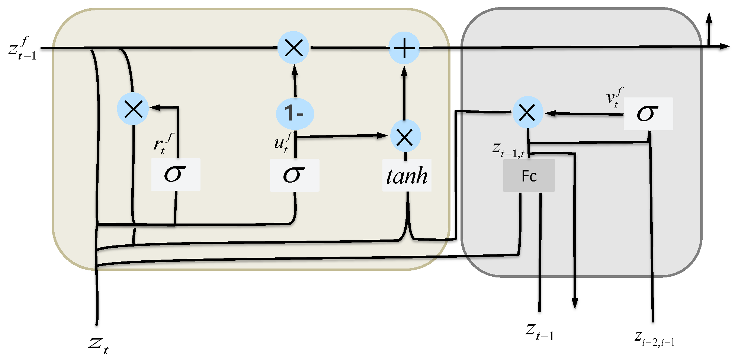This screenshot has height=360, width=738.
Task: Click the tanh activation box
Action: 407,176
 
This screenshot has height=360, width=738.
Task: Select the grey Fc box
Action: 529,176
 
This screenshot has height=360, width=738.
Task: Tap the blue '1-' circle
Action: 295,113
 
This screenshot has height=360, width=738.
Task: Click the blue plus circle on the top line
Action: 404,48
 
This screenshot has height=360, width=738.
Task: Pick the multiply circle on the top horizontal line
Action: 293,47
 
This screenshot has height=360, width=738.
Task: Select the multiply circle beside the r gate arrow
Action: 133,109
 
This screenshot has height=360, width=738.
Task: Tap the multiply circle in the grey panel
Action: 527,113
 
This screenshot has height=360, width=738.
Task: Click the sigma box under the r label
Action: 176,174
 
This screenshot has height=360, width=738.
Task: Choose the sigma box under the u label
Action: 294,175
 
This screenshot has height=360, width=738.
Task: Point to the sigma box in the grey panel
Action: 648,114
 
